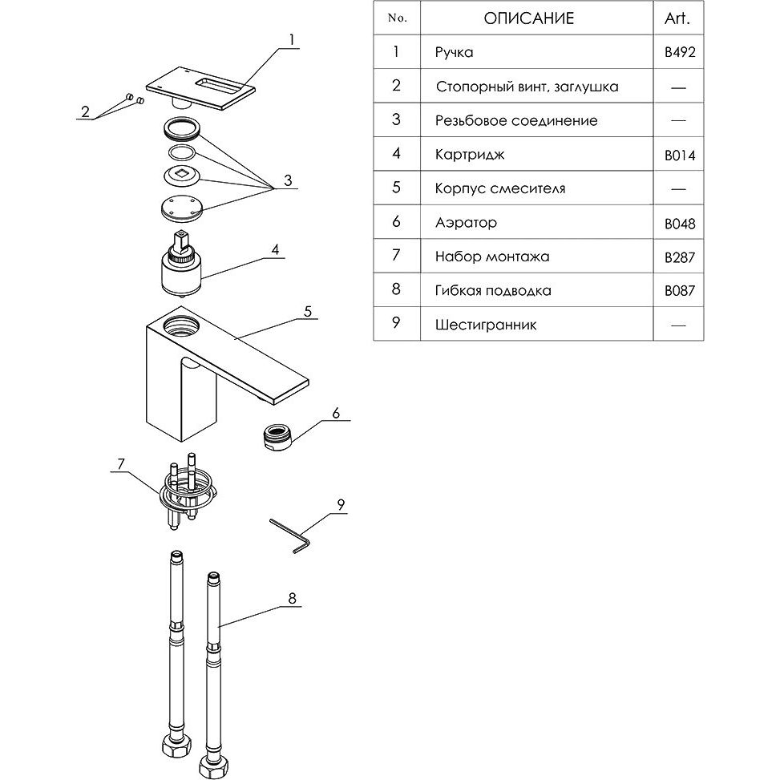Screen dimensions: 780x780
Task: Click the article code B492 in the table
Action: point(680,52)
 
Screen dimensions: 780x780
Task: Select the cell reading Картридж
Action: point(470,155)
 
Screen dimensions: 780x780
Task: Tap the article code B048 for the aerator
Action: point(680,224)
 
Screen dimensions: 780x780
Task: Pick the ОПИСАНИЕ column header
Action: point(529,18)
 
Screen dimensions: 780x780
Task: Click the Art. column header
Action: point(677,18)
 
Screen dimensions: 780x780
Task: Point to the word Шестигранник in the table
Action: point(486,325)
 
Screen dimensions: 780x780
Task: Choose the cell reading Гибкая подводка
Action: point(493,290)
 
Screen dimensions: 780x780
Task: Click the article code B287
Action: point(680,257)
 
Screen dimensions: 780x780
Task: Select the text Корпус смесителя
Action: point(500,188)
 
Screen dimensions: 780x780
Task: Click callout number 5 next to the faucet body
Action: point(308,311)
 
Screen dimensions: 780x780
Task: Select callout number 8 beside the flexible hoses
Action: point(292,599)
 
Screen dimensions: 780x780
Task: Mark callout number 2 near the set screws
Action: point(85,112)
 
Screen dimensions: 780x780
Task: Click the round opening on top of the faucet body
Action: point(181,325)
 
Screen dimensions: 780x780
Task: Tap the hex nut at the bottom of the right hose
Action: point(213,766)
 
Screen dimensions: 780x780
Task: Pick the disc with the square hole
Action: point(181,175)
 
